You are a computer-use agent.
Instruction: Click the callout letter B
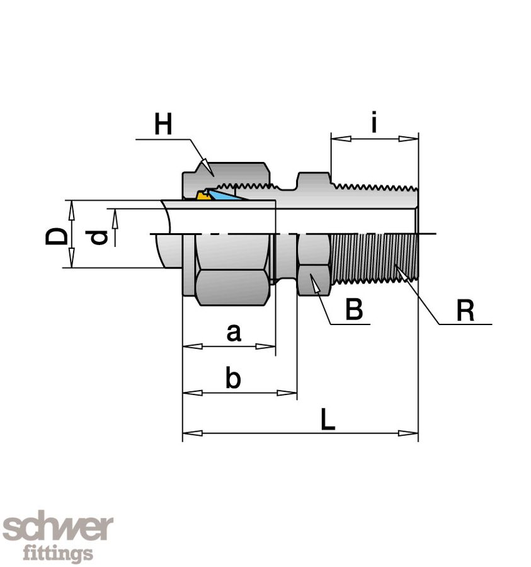tap(355, 309)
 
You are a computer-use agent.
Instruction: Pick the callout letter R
tap(465, 310)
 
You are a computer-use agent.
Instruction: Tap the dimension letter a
tap(234, 331)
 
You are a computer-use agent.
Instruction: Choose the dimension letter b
tap(233, 379)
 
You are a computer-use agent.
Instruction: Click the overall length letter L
tap(328, 419)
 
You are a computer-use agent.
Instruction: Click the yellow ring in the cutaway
tap(203, 195)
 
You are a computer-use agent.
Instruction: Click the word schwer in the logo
tap(58, 528)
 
